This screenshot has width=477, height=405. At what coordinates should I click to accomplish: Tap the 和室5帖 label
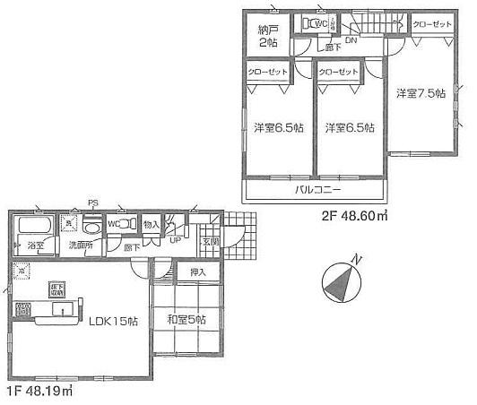[187, 320]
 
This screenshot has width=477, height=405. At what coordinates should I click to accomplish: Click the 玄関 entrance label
[209, 241]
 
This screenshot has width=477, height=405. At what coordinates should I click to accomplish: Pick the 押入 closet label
[197, 271]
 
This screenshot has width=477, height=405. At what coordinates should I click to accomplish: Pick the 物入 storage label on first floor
[152, 225]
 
